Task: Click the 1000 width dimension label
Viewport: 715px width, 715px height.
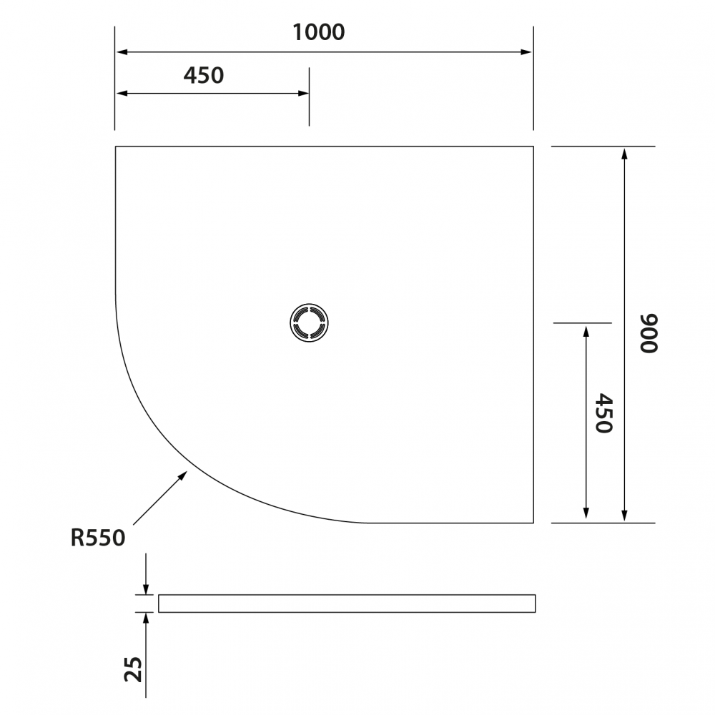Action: pyautogui.click(x=318, y=32)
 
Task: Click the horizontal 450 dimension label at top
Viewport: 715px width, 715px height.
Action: pyautogui.click(x=203, y=76)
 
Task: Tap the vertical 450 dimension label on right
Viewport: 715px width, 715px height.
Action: pyautogui.click(x=603, y=413)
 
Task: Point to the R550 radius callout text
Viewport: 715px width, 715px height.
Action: pyautogui.click(x=97, y=538)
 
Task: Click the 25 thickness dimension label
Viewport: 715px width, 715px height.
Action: pyautogui.click(x=134, y=669)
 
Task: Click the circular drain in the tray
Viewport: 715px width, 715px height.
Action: pyautogui.click(x=309, y=322)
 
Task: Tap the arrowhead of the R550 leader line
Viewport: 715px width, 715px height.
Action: pyautogui.click(x=182, y=475)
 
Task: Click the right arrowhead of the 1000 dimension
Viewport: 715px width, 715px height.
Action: pyautogui.click(x=526, y=52)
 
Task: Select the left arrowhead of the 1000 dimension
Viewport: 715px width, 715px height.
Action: pyautogui.click(x=122, y=52)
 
